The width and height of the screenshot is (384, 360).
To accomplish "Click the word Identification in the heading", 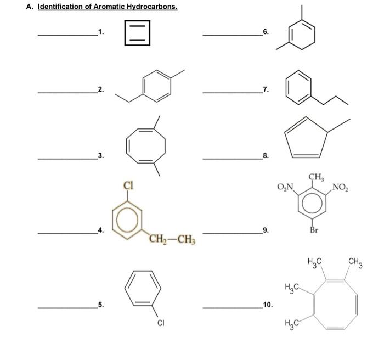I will coord(61,8).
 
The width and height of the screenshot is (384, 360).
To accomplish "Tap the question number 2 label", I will coord(100,89).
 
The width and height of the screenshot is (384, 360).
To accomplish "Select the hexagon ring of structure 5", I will coord(143,289).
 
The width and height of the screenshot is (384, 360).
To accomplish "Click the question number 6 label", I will coord(266,32).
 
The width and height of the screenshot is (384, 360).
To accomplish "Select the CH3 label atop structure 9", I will coord(317,177).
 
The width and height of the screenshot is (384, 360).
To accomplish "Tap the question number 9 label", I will coord(266,230).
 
